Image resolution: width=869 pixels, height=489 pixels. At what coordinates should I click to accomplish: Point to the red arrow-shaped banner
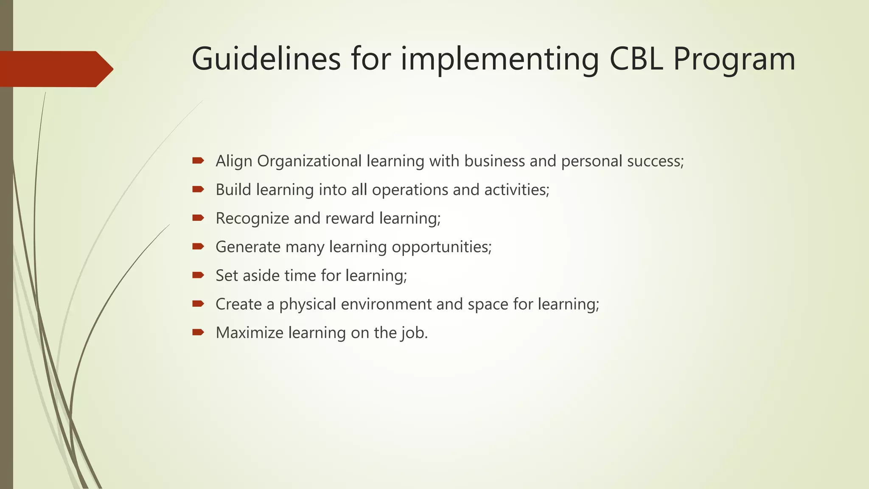click(x=55, y=69)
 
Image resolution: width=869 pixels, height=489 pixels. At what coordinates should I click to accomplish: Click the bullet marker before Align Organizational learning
click(x=198, y=160)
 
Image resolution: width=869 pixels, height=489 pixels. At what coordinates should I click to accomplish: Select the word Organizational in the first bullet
click(x=309, y=161)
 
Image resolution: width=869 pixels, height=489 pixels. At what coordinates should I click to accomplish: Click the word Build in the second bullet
click(x=233, y=190)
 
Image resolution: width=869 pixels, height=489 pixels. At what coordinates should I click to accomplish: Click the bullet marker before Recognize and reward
click(x=198, y=218)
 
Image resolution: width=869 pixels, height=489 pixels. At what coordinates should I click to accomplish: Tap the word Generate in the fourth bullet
click(x=248, y=247)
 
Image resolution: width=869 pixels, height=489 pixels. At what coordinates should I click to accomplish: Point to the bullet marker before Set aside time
click(x=198, y=275)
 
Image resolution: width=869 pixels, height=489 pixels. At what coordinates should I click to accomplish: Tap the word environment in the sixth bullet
click(x=386, y=304)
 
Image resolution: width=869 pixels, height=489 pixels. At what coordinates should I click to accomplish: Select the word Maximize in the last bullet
click(x=249, y=333)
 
